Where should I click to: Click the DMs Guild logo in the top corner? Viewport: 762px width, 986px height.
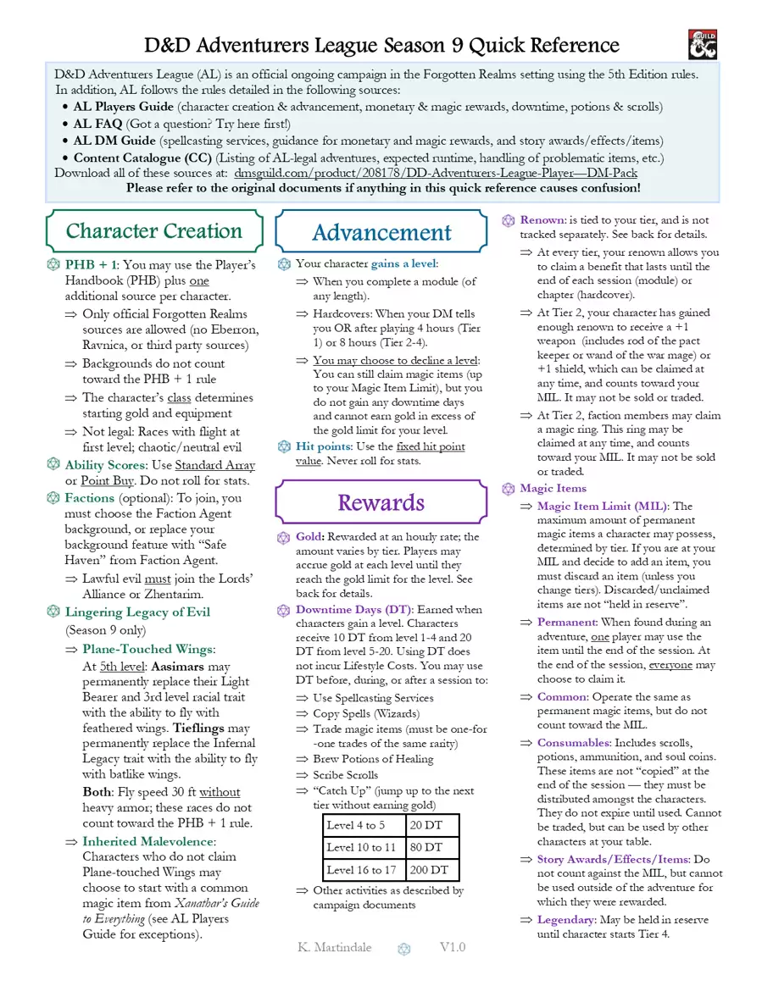point(703,44)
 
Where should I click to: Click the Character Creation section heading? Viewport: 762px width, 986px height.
point(154,231)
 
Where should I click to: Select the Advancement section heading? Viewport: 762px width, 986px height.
point(381,233)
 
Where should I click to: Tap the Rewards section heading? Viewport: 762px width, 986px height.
point(381,502)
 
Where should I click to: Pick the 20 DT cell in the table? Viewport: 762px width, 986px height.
point(431,825)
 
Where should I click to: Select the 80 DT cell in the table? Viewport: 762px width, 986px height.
point(431,847)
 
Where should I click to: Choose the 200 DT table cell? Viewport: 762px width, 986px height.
point(431,869)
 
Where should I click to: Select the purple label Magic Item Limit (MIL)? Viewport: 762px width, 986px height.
point(603,507)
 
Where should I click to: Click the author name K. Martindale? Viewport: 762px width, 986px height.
point(335,947)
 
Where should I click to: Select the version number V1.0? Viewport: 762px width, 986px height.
point(452,947)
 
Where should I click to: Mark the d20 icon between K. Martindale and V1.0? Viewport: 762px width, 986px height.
point(404,949)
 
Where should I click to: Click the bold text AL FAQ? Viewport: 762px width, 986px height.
point(98,124)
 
